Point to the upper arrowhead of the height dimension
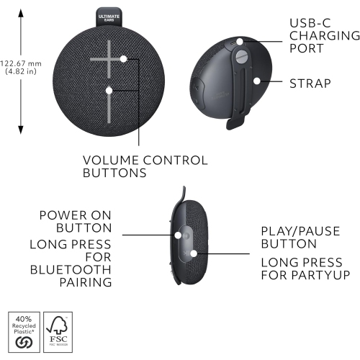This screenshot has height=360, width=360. coord(21,14)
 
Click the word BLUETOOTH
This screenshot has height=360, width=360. coord(71,269)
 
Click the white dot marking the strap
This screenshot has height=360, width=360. coord(256,81)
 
